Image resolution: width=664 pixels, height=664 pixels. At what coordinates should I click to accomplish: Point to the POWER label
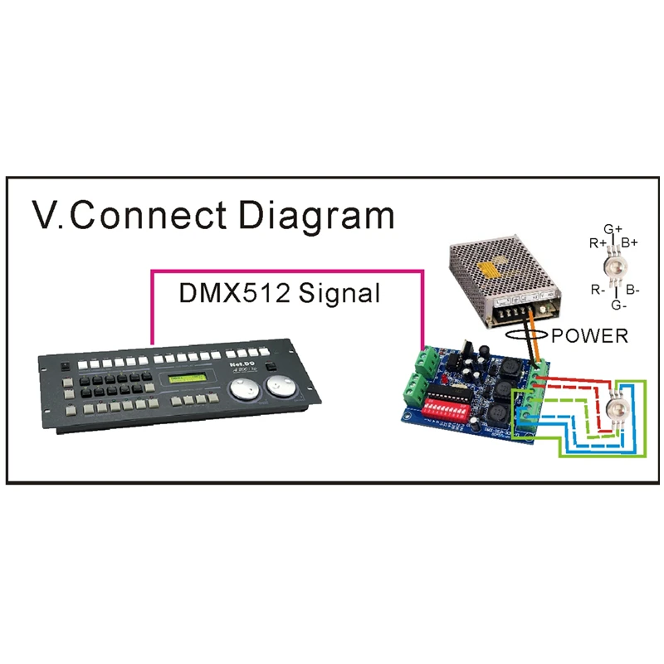click(x=591, y=336)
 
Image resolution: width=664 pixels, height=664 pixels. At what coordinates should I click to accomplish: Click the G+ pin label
click(x=613, y=229)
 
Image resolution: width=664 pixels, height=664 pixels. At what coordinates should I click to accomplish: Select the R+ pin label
click(x=598, y=243)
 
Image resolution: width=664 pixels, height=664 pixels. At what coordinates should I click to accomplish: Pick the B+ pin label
click(x=630, y=243)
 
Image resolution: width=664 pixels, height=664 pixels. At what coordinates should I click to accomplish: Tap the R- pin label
click(x=598, y=290)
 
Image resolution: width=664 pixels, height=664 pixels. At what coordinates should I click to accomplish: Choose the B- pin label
click(x=632, y=290)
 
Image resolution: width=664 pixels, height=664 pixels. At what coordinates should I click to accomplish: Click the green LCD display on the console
click(x=188, y=381)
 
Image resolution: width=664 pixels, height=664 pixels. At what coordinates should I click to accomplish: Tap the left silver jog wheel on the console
click(x=243, y=389)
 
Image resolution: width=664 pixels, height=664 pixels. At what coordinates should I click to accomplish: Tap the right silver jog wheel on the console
click(x=279, y=387)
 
